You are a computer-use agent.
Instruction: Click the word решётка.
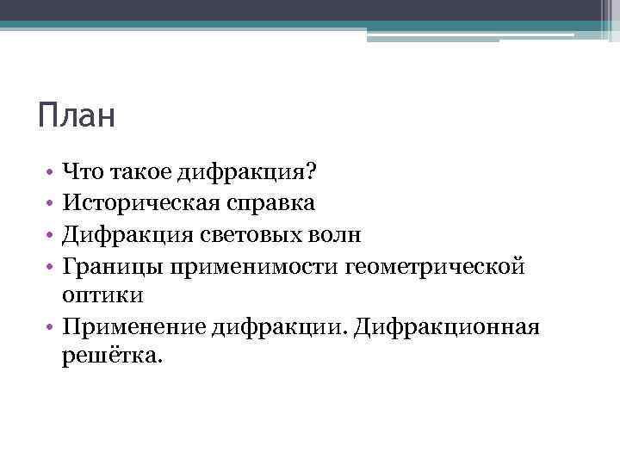pos(110,356)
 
